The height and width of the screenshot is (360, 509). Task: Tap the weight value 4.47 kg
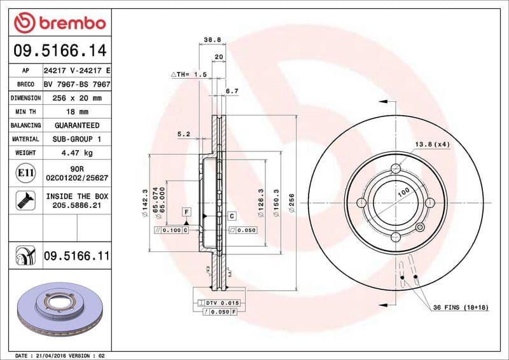point(76,153)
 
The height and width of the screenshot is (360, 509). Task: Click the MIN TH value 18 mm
point(76,111)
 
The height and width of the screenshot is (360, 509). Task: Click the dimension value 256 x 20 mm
point(76,98)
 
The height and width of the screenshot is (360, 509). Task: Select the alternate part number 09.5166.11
point(76,256)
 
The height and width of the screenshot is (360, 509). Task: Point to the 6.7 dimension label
point(232,91)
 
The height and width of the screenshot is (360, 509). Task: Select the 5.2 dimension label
point(184,134)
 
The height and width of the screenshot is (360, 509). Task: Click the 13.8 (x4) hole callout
point(433,144)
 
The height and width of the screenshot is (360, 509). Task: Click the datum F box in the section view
point(187,211)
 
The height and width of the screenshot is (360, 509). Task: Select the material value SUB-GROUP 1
point(76,139)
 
